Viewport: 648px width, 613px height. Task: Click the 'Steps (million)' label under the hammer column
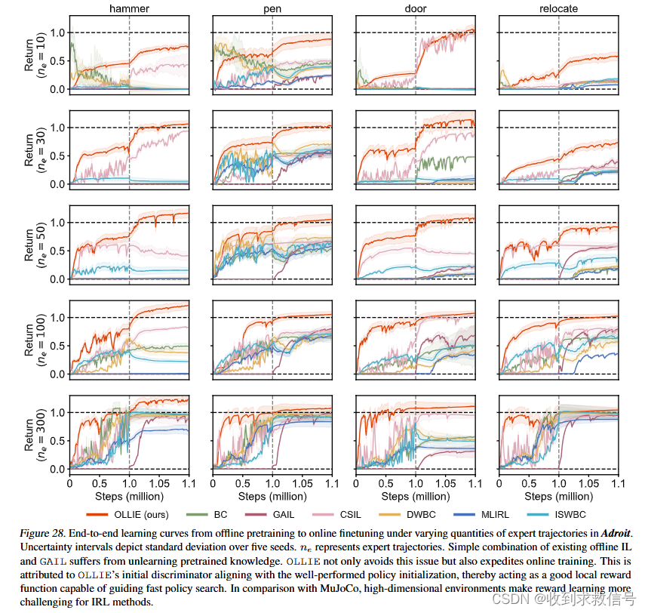point(129,497)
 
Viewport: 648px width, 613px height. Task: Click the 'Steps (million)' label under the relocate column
point(558,497)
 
